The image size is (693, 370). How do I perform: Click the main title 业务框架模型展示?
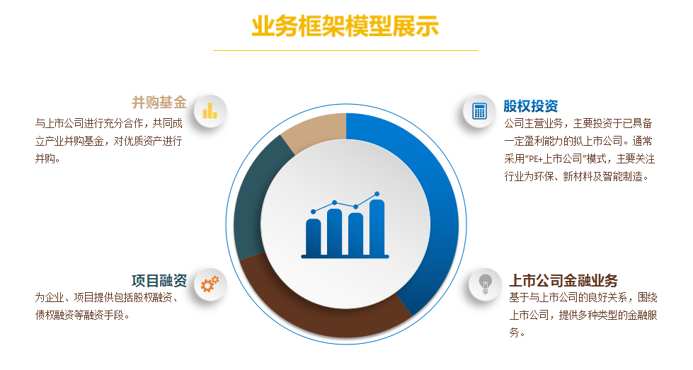[x=345, y=25]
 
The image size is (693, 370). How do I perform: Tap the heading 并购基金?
[x=159, y=103]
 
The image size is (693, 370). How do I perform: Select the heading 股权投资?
[x=531, y=106]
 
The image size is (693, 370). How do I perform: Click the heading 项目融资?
[x=159, y=280]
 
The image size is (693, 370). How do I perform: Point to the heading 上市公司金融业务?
[x=563, y=280]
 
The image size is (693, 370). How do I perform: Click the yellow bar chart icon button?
[x=210, y=111]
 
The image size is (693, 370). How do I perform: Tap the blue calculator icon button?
[x=479, y=111]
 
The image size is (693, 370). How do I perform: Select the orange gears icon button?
[x=210, y=285]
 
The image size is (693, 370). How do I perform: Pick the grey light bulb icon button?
[x=486, y=285]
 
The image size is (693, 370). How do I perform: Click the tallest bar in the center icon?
[x=377, y=227]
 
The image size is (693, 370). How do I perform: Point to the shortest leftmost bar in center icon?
[x=314, y=237]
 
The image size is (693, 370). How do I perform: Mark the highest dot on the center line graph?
[x=377, y=194]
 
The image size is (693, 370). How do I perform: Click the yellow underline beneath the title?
[x=345, y=51]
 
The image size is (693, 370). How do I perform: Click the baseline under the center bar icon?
[x=345, y=257]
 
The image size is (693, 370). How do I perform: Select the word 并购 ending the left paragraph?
[x=45, y=158]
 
